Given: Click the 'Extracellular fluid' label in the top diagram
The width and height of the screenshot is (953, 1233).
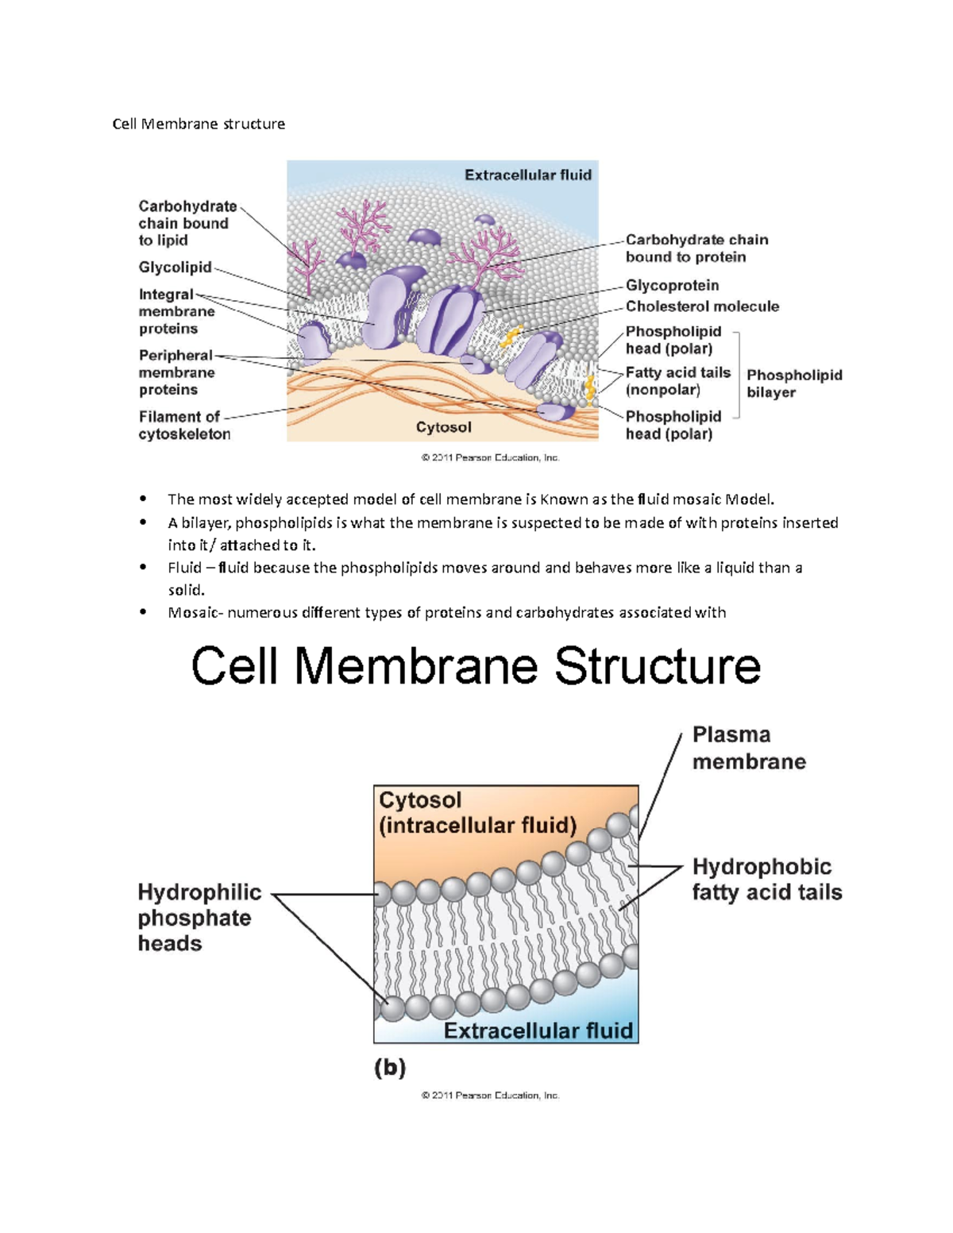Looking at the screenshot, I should (x=527, y=175).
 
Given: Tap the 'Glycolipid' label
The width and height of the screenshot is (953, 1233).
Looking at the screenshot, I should (x=175, y=268).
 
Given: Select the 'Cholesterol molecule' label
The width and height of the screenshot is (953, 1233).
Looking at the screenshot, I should (x=702, y=306).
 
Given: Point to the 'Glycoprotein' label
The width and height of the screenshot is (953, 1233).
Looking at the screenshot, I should (x=672, y=285).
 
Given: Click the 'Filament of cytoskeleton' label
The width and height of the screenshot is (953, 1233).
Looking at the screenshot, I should (x=184, y=426).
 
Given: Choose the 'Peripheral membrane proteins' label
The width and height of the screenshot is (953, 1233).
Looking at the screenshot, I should (x=176, y=372).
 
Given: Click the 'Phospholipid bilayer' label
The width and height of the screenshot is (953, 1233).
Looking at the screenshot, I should (x=793, y=383).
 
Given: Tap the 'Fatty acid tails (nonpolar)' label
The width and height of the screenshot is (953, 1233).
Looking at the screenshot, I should (x=677, y=381).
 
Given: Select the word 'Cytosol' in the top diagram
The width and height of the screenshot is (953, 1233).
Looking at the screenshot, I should (x=443, y=427).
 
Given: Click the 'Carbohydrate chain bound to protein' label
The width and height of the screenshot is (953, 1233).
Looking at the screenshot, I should (x=696, y=248).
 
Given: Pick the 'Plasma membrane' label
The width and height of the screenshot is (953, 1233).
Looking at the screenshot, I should (x=748, y=748).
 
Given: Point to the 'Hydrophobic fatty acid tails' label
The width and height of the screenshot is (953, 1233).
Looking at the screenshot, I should (x=766, y=879).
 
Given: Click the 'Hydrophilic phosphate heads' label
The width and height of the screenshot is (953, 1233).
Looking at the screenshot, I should (x=199, y=918).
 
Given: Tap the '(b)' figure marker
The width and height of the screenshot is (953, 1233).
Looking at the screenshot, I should (x=390, y=1068).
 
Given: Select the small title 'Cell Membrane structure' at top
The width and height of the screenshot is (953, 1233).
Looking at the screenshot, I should (x=199, y=124).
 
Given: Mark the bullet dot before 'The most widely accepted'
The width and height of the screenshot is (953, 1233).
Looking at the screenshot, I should (x=143, y=499).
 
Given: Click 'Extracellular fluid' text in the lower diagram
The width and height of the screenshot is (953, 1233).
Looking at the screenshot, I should (x=538, y=1031).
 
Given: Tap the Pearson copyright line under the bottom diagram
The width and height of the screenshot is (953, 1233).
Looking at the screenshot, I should (x=490, y=1095).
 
